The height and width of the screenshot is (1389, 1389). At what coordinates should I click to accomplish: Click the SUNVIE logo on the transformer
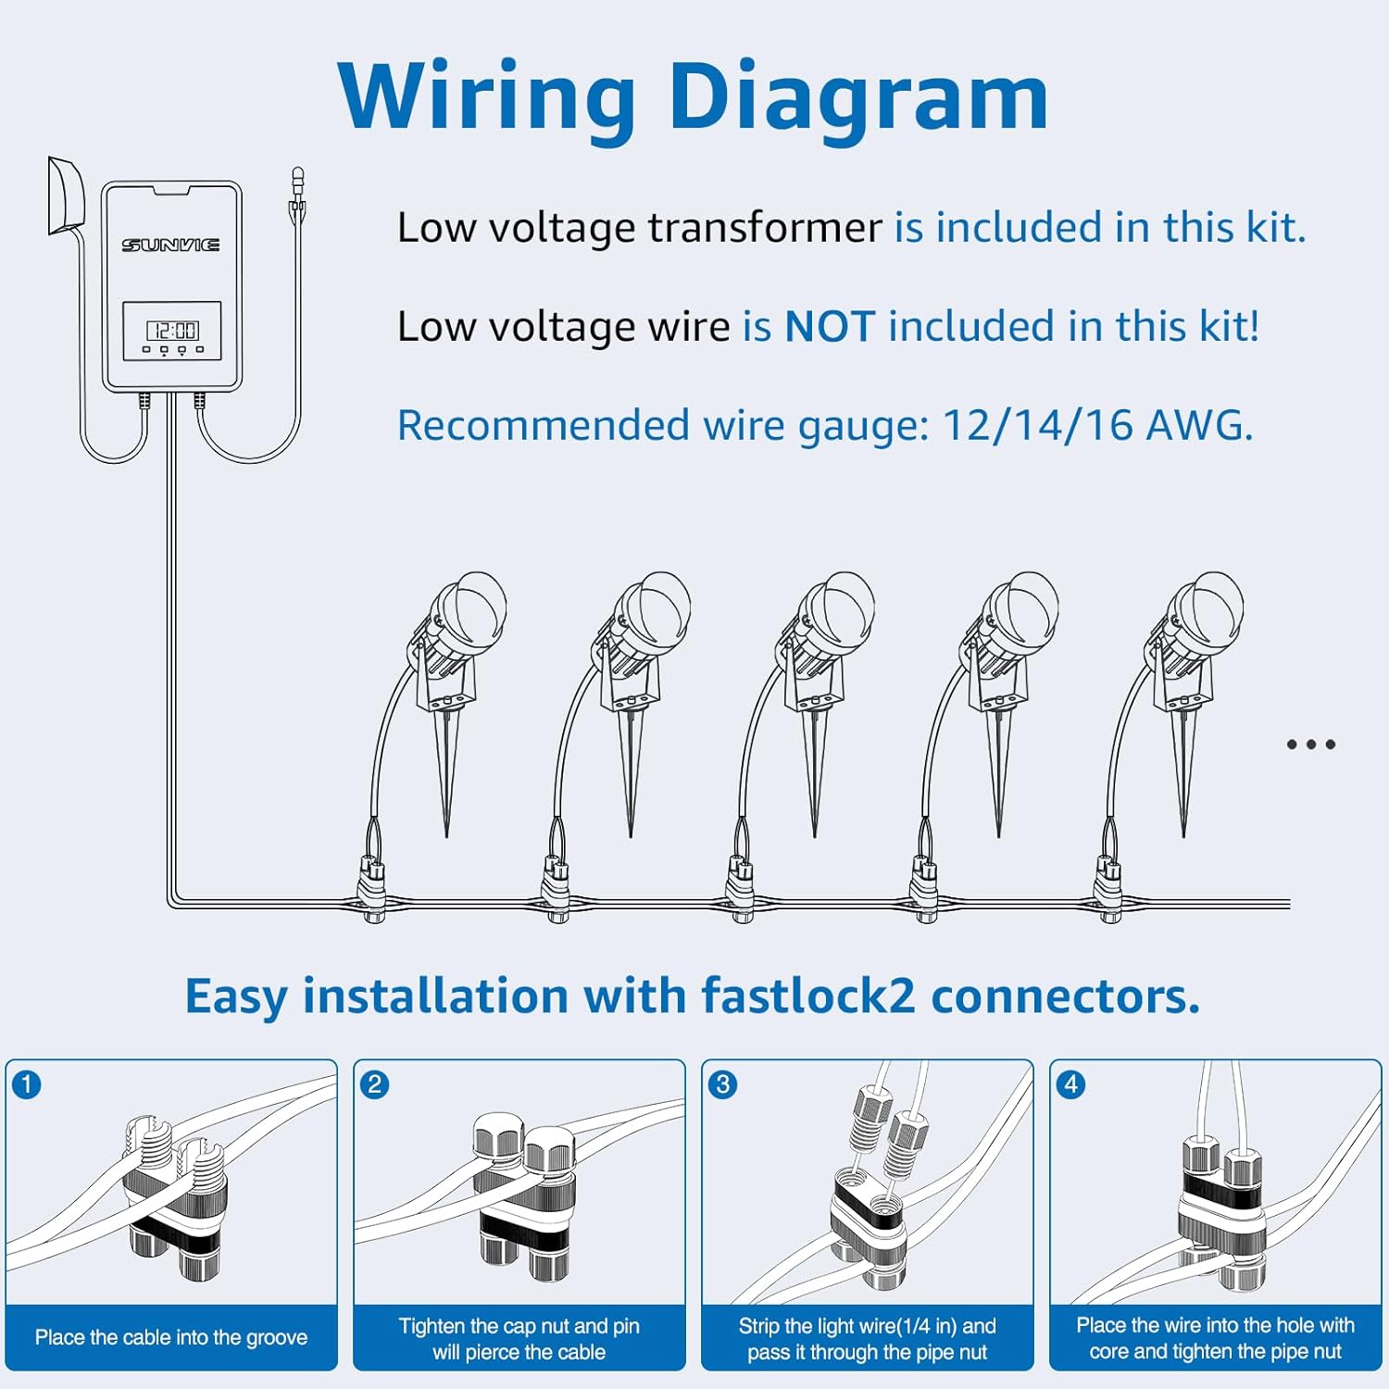(x=171, y=244)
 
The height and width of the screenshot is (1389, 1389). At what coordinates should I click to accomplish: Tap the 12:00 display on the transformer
(x=172, y=331)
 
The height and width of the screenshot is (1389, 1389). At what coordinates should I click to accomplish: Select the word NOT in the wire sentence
(x=829, y=327)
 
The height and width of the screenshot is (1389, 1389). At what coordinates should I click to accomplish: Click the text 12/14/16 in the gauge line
(x=1037, y=425)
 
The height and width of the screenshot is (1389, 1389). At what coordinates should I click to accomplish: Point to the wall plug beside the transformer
(x=66, y=196)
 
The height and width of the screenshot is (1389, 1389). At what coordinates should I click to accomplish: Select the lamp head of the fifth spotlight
(x=1205, y=615)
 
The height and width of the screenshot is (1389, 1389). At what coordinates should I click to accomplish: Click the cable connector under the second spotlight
(x=556, y=889)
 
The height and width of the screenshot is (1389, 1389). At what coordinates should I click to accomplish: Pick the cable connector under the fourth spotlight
(x=923, y=889)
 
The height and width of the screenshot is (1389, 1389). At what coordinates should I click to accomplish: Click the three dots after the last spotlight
(x=1311, y=745)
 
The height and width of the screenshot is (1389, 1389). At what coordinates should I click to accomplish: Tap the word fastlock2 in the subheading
(x=808, y=996)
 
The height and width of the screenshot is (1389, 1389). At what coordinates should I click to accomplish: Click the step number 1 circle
(x=28, y=1083)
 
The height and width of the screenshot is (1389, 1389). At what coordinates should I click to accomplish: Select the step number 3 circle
(x=723, y=1083)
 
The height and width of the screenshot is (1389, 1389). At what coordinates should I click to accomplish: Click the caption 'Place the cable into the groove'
(x=171, y=1337)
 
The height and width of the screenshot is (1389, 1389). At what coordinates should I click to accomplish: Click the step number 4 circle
(x=1071, y=1083)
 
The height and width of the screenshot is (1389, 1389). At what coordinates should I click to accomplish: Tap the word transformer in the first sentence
(x=765, y=228)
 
